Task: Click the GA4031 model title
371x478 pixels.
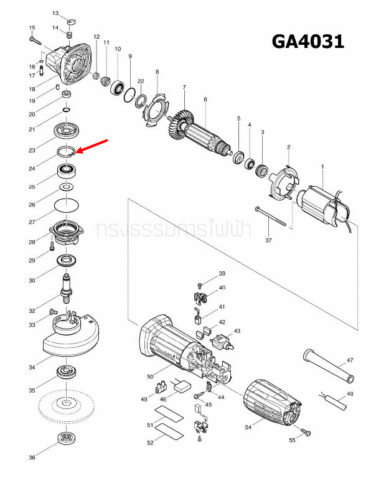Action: [x=308, y=42]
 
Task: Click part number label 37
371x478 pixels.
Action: [x=269, y=240]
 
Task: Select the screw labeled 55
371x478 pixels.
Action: [x=305, y=431]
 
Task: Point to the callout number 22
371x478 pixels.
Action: [x=141, y=82]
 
